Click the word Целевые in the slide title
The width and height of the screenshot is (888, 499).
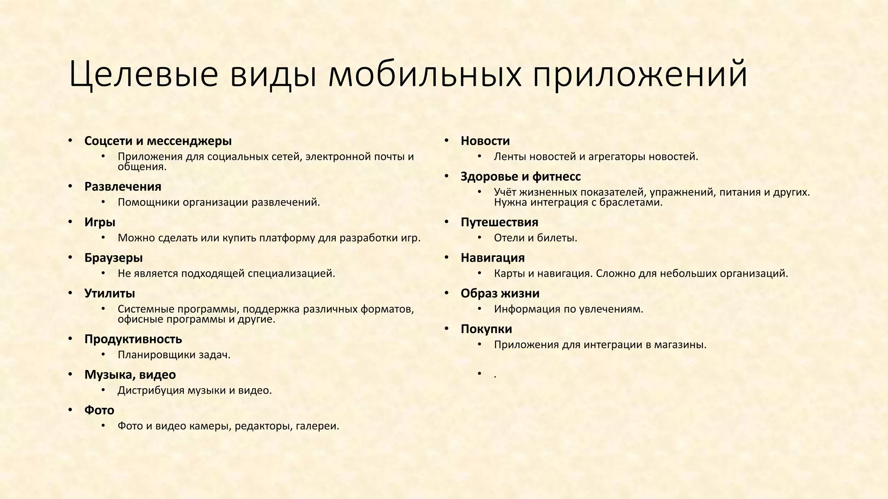pyautogui.click(x=143, y=75)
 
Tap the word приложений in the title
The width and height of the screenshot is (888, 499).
pyautogui.click(x=640, y=75)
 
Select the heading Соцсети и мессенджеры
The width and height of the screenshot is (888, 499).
pyautogui.click(x=158, y=141)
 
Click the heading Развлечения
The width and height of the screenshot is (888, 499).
pyautogui.click(x=123, y=187)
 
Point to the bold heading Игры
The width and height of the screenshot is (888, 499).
pyautogui.click(x=100, y=222)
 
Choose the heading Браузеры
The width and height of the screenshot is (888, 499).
pyautogui.click(x=114, y=258)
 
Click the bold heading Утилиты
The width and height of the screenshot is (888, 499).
pyautogui.click(x=110, y=293)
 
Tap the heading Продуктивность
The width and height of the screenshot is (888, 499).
pyautogui.click(x=133, y=339)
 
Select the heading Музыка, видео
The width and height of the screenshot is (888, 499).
pyautogui.click(x=130, y=375)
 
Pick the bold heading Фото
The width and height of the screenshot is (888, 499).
pyautogui.click(x=99, y=410)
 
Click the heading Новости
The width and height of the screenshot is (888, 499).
pyautogui.click(x=485, y=141)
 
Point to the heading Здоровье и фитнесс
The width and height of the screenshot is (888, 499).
pyautogui.click(x=520, y=176)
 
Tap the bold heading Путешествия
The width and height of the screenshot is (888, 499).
pyautogui.click(x=499, y=222)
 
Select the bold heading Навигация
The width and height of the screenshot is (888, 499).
pyautogui.click(x=493, y=258)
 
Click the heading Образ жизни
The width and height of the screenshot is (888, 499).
pyautogui.click(x=500, y=293)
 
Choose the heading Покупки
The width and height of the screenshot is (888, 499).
pyautogui.click(x=486, y=329)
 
